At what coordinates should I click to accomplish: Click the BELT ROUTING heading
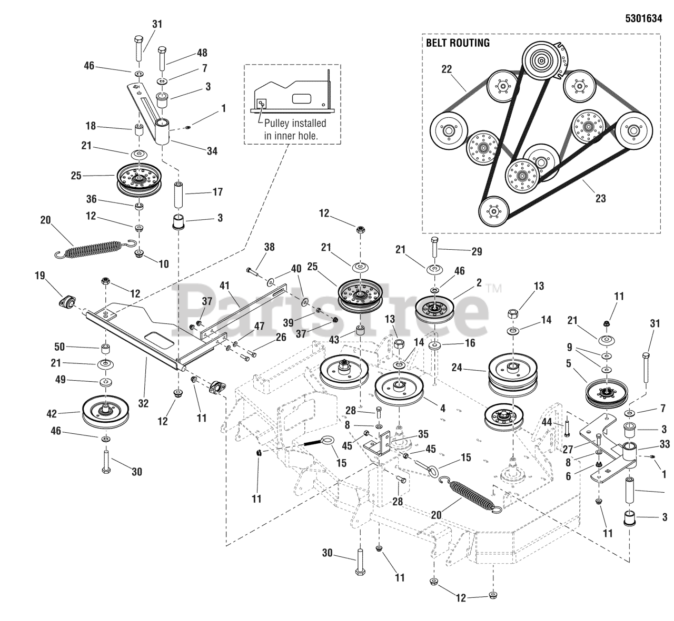tap(458, 43)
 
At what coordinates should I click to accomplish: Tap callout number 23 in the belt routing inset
tap(600, 198)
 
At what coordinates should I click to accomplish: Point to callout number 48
tap(202, 53)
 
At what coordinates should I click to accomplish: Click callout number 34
tap(212, 151)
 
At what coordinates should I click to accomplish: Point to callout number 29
tap(476, 252)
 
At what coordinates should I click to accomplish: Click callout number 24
tap(457, 368)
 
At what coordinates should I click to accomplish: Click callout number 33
tap(665, 444)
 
